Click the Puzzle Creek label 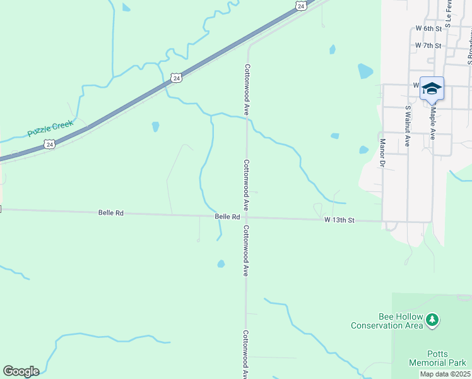coord(50,129)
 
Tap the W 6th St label coord(428,29)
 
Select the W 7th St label coord(428,46)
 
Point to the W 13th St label coord(340,220)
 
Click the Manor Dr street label coord(382,153)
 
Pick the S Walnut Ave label coord(408,126)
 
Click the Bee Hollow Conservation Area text coord(386,321)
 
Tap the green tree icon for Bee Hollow coord(432,320)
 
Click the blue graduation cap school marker coord(432,88)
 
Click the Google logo coord(21,371)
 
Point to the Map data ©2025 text coord(445,374)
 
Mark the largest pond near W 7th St coord(365,71)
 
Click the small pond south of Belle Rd coord(221,263)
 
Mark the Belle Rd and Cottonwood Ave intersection coord(246,217)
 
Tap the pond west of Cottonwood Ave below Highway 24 coord(155,126)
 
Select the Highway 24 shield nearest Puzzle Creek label coord(49,145)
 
